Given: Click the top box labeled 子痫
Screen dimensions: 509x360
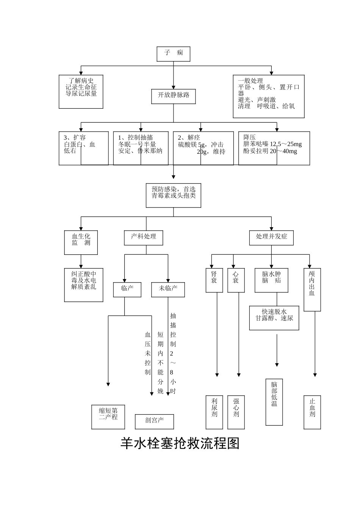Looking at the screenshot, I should pos(173,54).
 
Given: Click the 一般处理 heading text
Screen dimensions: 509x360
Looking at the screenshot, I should pos(250,81).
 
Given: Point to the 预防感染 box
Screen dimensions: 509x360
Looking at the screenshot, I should pos(174,195).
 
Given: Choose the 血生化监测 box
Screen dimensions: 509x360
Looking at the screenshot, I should pos(81,242).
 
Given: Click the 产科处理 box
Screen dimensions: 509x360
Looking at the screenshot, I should pos(144,237).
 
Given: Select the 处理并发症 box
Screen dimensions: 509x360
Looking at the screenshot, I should pos(271,237).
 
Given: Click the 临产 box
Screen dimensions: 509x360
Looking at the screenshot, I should pos(127,289).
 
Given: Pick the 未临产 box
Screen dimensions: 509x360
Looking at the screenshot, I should pos(168,289).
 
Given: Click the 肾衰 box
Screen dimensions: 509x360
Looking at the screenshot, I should pos(214,280).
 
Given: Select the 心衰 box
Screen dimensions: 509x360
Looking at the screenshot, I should pos(236,280).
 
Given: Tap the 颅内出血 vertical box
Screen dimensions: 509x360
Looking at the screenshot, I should pos(312,289).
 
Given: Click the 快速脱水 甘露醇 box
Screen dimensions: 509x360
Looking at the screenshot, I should pos(274,318).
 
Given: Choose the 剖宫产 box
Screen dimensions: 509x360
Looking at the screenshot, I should pos(155,421).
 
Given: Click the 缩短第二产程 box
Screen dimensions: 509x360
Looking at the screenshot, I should pos(108,417).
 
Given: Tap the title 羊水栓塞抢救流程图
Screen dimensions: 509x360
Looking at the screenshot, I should pos(180,443).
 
